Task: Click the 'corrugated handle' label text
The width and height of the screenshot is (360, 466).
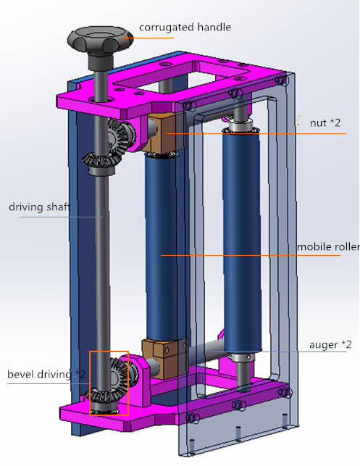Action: [185, 28]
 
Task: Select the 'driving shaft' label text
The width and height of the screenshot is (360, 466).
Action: [39, 207]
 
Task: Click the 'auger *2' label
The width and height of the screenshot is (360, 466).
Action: [330, 344]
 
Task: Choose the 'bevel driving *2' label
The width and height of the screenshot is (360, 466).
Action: [46, 374]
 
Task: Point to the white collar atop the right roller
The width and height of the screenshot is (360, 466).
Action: [242, 128]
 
